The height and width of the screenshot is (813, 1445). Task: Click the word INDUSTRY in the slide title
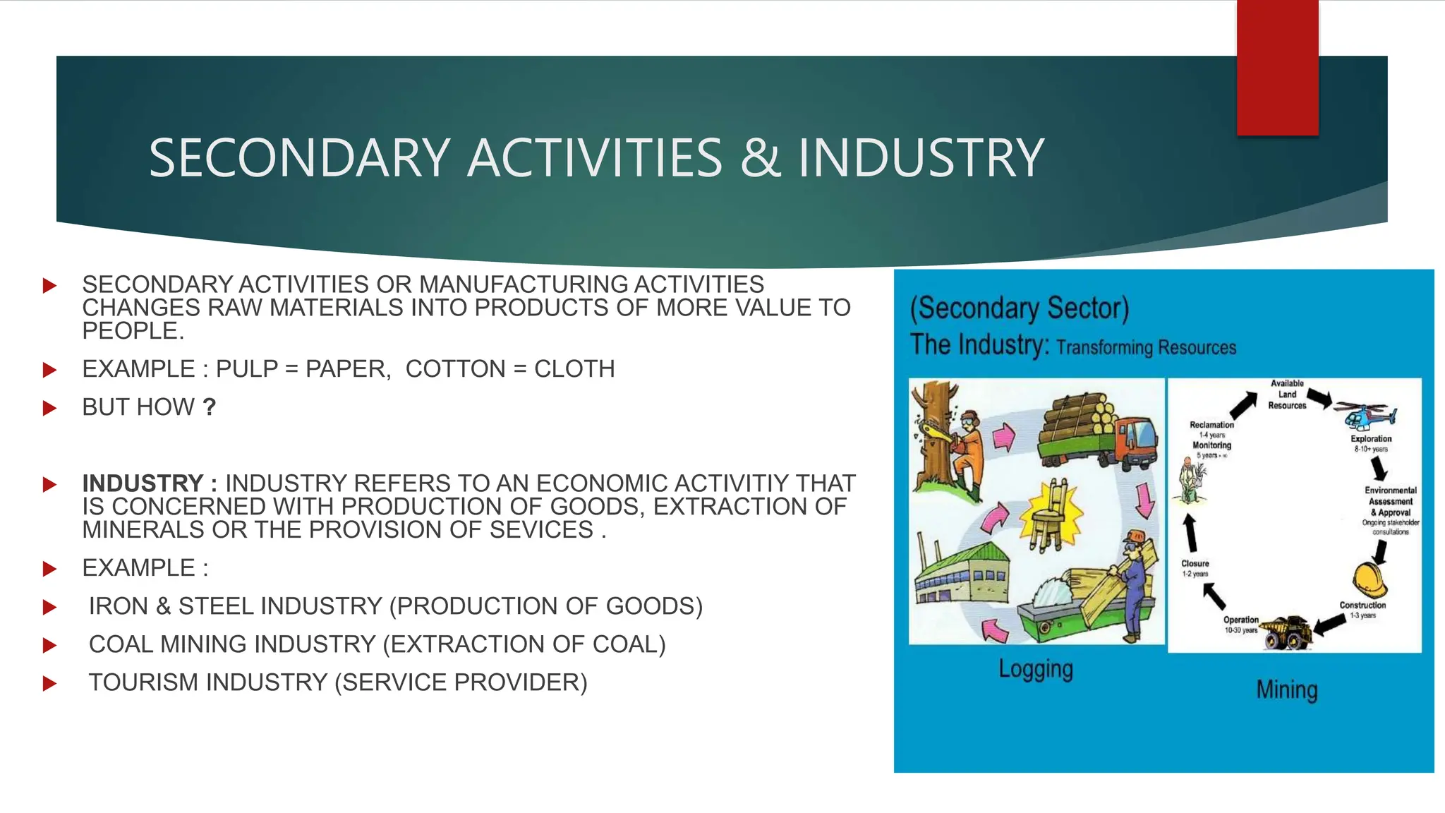921,157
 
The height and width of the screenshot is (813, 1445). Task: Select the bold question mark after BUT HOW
209,407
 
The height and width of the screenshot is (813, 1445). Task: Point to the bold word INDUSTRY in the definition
143,483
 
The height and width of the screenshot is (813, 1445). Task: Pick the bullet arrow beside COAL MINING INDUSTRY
49,644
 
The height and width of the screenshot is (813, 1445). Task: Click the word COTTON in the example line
455,369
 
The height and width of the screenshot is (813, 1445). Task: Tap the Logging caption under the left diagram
1035,668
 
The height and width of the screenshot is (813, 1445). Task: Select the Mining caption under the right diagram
1286,689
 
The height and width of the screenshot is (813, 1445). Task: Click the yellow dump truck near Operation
1286,632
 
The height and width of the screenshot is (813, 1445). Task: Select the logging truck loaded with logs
1097,430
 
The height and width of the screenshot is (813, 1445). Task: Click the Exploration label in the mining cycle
1371,439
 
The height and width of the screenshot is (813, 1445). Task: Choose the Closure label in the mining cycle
1195,563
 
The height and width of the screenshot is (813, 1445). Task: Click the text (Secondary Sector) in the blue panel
1020,308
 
